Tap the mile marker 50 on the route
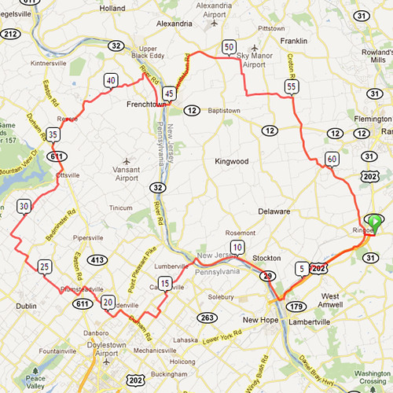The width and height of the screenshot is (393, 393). pyautogui.click(x=228, y=47)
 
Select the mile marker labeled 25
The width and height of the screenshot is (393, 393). pyautogui.click(x=45, y=267)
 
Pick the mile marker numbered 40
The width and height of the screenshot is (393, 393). pyautogui.click(x=110, y=80)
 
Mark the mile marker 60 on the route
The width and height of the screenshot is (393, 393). pyautogui.click(x=331, y=159)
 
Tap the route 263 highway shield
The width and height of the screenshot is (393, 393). pyautogui.click(x=208, y=318)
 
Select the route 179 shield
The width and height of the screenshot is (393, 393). pyautogui.click(x=296, y=306)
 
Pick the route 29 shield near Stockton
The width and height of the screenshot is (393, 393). pyautogui.click(x=268, y=276)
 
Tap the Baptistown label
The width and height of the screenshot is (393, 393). pyautogui.click(x=222, y=111)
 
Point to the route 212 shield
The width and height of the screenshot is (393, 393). pyautogui.click(x=10, y=34)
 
